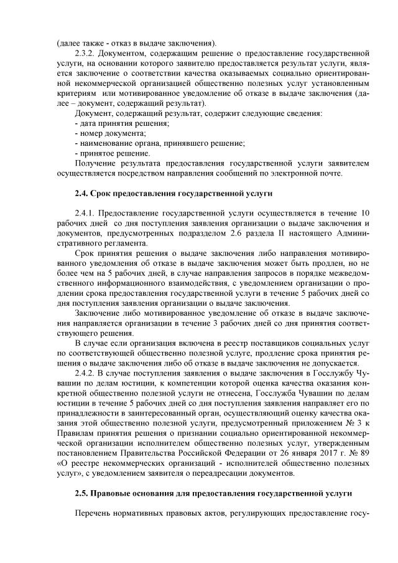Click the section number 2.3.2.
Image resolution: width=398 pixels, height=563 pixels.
pyautogui.click(x=86, y=54)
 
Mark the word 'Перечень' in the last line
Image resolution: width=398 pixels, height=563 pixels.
pyautogui.click(x=93, y=515)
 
